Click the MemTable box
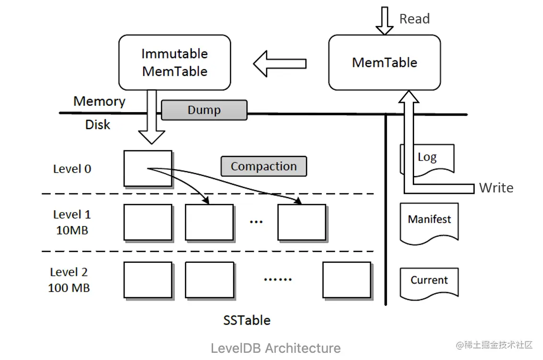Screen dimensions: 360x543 tap(385, 62)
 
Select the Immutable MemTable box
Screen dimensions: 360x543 tap(174, 62)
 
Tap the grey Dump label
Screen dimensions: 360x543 tap(204, 110)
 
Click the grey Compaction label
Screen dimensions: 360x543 tap(263, 167)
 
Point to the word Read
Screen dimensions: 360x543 tap(415, 19)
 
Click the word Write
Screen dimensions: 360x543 tap(496, 188)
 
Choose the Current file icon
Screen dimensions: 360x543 tap(430, 281)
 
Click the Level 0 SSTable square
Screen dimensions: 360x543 tap(147, 168)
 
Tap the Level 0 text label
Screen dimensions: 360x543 tap(72, 169)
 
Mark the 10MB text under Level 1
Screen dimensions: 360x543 tap(72, 230)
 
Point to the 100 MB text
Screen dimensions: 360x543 tap(69, 288)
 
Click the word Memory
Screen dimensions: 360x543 tap(99, 101)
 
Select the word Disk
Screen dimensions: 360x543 tap(98, 125)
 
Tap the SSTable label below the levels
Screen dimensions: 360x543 tap(247, 320)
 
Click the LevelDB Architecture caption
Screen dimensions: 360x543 tap(276, 348)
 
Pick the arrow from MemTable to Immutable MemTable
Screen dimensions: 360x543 tap(280, 64)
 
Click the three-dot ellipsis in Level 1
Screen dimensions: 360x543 tap(256, 222)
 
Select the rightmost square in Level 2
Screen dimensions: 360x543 tap(347, 280)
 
